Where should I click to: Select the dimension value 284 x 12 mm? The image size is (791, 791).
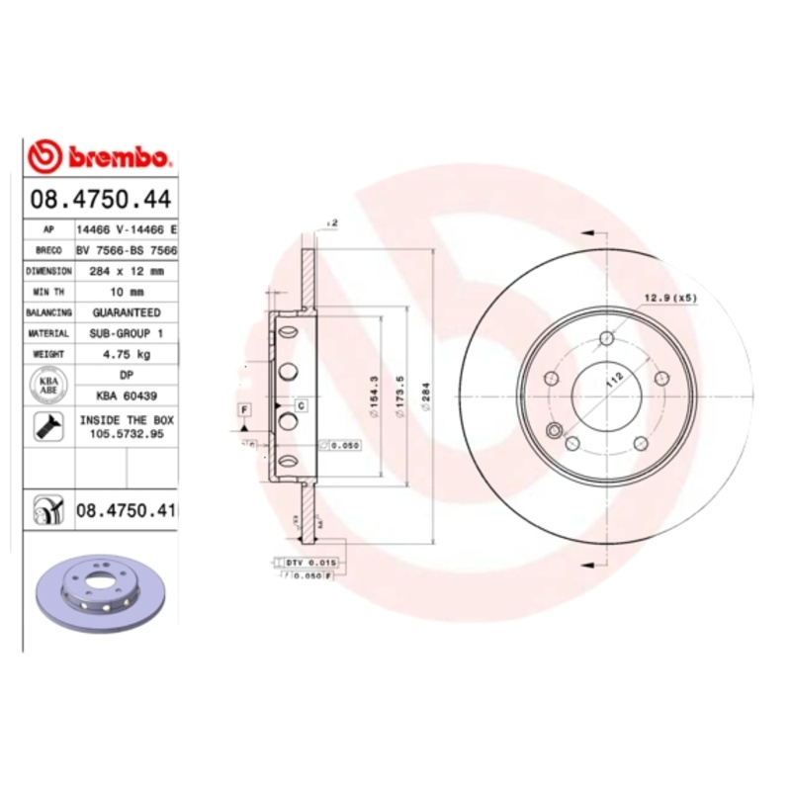(127, 270)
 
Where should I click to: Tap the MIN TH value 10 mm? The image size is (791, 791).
(127, 292)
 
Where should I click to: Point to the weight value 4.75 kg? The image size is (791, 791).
(127, 353)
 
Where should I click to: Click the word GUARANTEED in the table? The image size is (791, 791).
(127, 312)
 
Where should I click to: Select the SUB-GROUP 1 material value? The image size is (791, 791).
(127, 333)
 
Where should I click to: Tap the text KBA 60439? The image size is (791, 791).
(127, 395)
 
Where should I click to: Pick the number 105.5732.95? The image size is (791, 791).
(127, 434)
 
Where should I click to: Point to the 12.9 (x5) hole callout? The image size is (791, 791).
(671, 298)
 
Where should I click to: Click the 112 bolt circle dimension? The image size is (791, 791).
(612, 379)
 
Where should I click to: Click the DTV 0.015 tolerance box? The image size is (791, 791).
(310, 562)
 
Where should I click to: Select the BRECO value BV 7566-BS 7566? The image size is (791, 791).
(127, 250)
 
